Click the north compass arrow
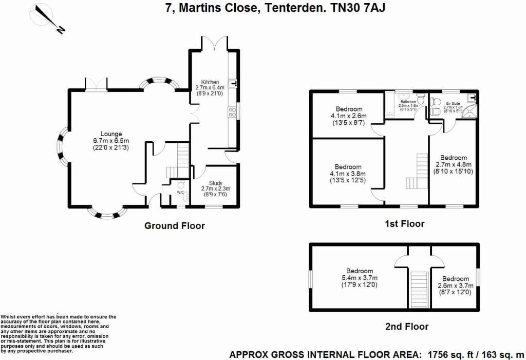tap(49, 21)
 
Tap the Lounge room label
tap(111, 134)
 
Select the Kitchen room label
tap(210, 82)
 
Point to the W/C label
tap(180, 193)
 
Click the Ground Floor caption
tap(174, 225)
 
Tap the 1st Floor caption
tap(405, 223)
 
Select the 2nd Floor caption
tap(406, 326)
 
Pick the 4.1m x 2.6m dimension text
tap(349, 116)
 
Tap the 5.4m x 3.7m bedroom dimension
tap(359, 278)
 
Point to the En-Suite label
tap(452, 103)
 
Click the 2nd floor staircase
tap(420, 291)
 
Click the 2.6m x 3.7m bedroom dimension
tap(453, 286)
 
